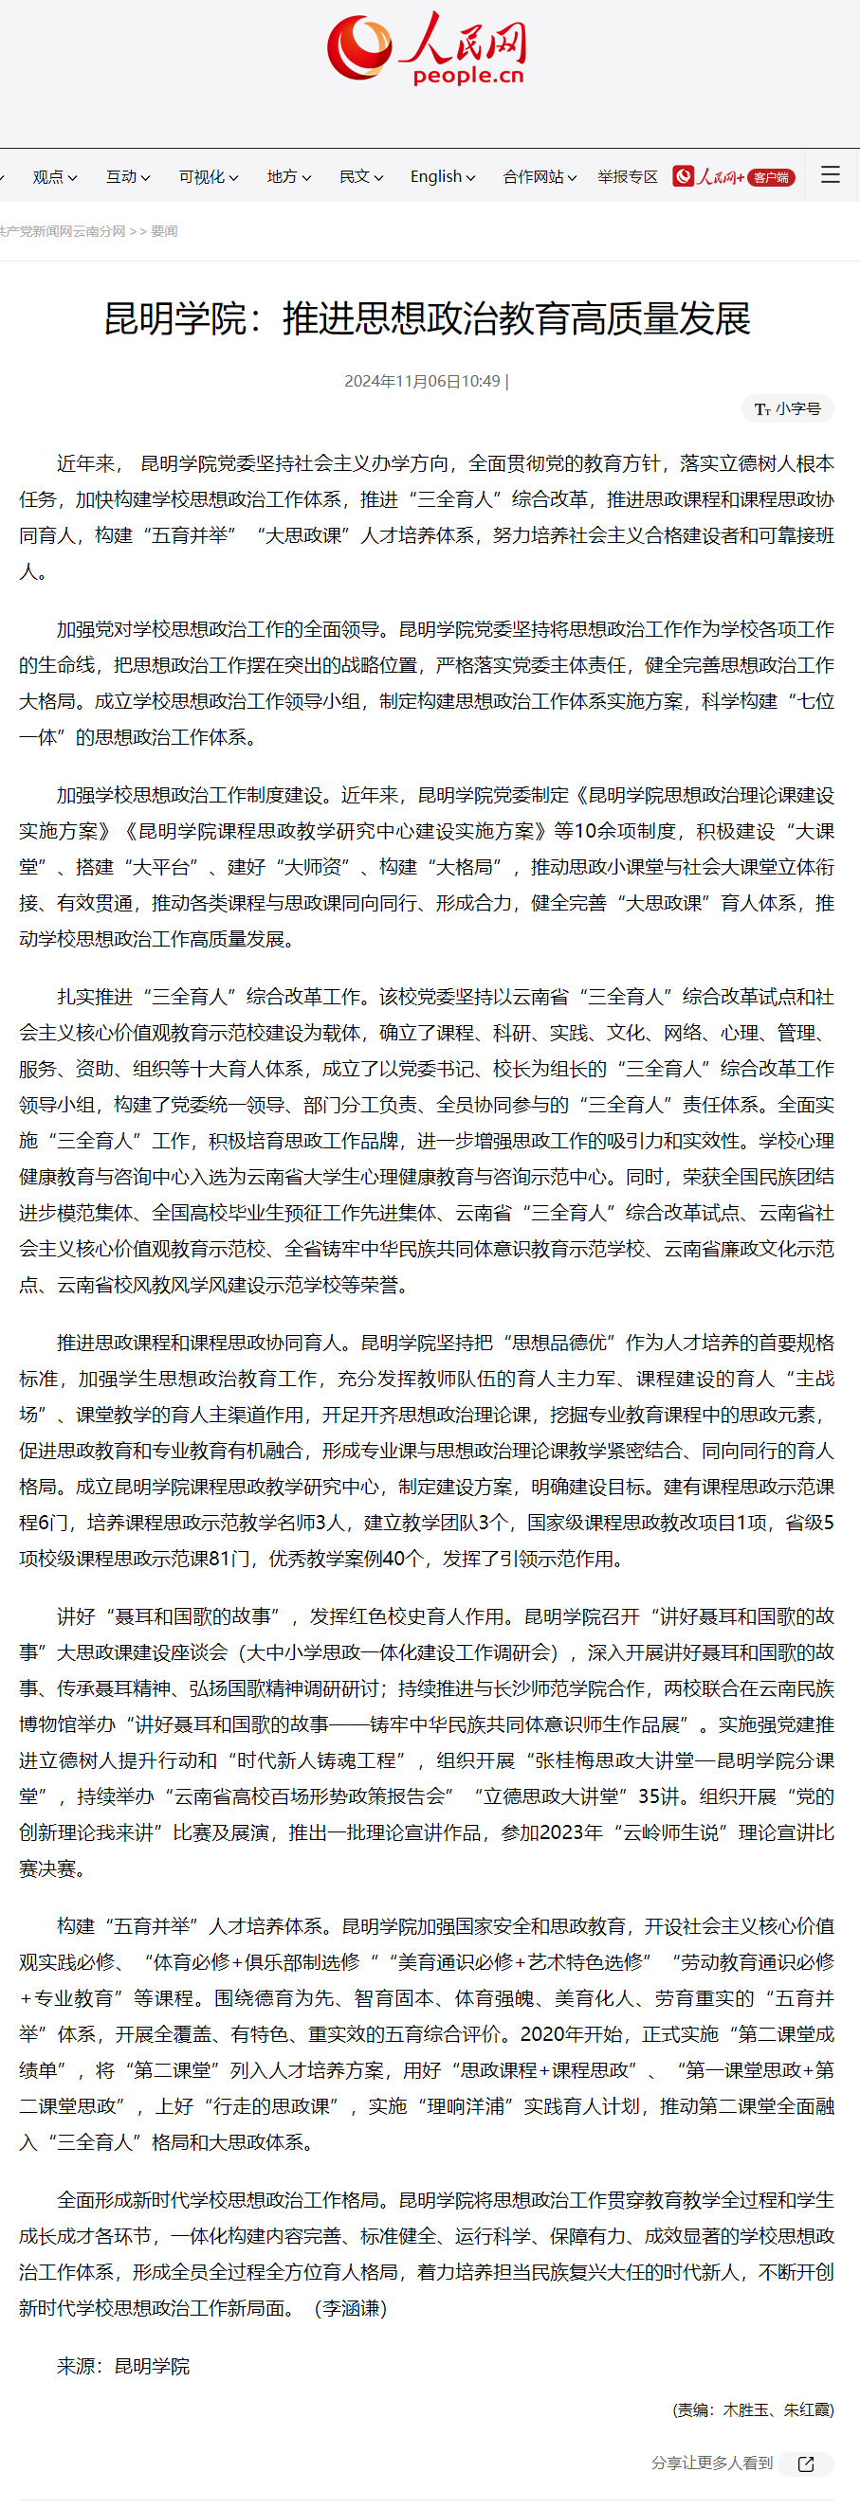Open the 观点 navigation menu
(x=55, y=177)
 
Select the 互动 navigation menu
(x=128, y=177)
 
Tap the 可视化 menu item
(x=208, y=177)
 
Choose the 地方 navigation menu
(x=288, y=177)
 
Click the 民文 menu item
(x=360, y=177)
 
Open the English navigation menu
(x=442, y=177)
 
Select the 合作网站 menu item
(x=539, y=177)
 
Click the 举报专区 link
(x=628, y=177)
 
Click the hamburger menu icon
(x=830, y=175)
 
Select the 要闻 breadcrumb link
(x=164, y=232)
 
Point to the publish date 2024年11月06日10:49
(x=422, y=382)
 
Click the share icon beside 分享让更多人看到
(x=805, y=2463)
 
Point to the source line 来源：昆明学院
(x=122, y=2366)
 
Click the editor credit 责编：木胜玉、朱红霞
(x=753, y=2409)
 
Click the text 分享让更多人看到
(x=711, y=2463)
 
